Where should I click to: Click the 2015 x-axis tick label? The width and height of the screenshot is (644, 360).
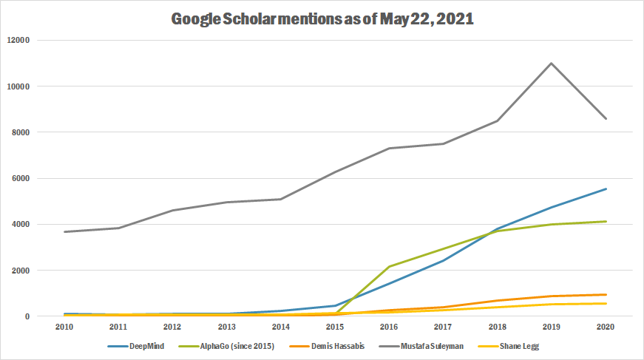click(336, 326)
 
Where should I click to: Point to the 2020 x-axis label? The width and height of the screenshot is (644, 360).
click(606, 326)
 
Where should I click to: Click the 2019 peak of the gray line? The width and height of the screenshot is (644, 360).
click(552, 63)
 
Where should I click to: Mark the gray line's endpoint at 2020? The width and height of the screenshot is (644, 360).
click(606, 118)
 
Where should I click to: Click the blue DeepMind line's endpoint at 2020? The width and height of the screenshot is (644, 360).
click(606, 189)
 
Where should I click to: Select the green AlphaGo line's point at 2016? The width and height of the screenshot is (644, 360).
click(390, 266)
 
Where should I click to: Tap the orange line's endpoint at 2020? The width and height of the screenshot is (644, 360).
click(606, 295)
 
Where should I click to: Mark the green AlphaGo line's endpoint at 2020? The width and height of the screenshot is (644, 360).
click(606, 222)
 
